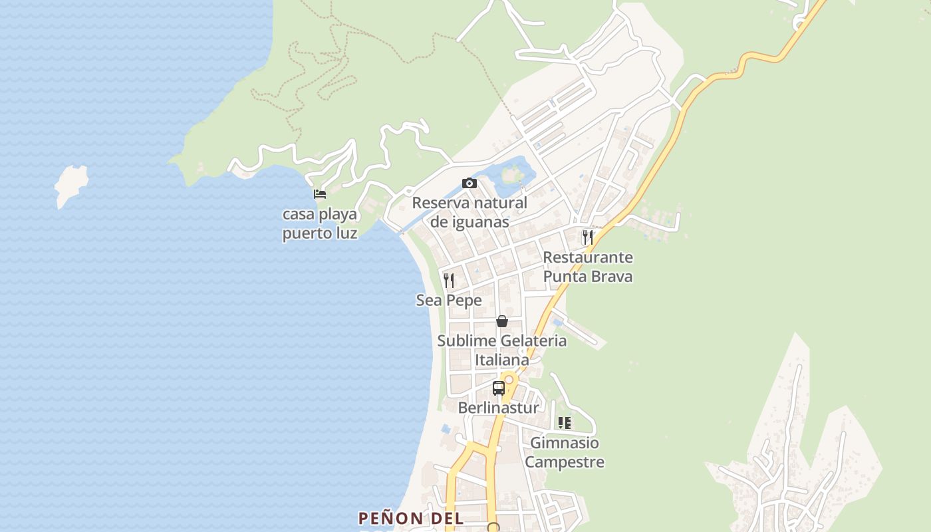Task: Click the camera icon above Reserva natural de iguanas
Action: [x=469, y=184]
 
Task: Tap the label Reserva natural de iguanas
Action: [x=469, y=212]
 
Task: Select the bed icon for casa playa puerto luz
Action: [x=320, y=194]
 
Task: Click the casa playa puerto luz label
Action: [x=320, y=224]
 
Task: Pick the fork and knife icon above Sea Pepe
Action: [x=449, y=281]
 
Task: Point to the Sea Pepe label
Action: [x=449, y=301]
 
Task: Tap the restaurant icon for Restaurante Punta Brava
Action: [x=588, y=237]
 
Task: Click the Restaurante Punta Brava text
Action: [x=588, y=267]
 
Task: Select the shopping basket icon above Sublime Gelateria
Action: [x=502, y=322]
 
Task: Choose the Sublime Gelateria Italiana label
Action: [x=502, y=350]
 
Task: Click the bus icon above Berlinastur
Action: [x=499, y=388]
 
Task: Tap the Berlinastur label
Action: [x=499, y=408]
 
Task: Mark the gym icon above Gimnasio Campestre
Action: [x=565, y=423]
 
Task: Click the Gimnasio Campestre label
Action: [x=565, y=452]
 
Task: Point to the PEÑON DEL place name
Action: [x=410, y=518]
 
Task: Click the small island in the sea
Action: [x=70, y=185]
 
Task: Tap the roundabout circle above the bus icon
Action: [x=509, y=380]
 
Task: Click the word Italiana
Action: [x=502, y=360]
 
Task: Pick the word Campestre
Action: [x=565, y=462]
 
